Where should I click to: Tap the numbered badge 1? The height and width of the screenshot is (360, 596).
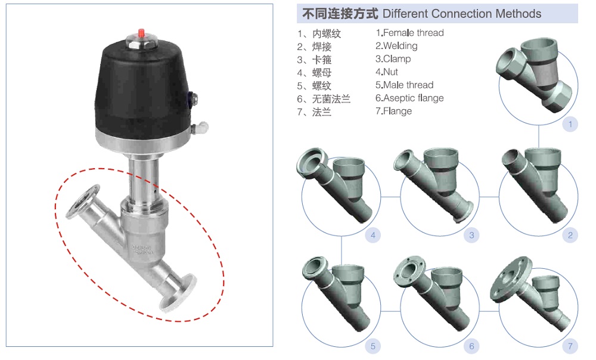pos(570,124)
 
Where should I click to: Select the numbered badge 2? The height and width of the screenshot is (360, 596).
pos(570,235)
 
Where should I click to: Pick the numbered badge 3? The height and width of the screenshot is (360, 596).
pos(471,235)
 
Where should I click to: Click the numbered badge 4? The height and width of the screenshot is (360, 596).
pos(373,235)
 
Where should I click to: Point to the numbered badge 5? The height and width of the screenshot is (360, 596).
pos(373,346)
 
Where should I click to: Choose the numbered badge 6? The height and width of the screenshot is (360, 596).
pos(471,346)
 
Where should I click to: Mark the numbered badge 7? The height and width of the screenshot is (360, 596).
pos(570,346)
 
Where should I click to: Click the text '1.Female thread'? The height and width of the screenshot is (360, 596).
pos(409,33)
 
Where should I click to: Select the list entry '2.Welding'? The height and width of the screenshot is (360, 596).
pos(396,46)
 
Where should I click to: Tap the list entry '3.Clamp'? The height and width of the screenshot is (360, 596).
pos(393,59)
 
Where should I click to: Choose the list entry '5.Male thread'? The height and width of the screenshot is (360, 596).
pos(404,85)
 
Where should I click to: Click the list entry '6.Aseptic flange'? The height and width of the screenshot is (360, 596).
pos(409,98)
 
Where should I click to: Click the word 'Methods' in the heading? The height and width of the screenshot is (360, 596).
pos(518,14)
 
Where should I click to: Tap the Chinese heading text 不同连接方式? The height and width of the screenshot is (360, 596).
pos(340,14)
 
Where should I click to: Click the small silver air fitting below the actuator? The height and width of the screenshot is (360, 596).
pos(202,127)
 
